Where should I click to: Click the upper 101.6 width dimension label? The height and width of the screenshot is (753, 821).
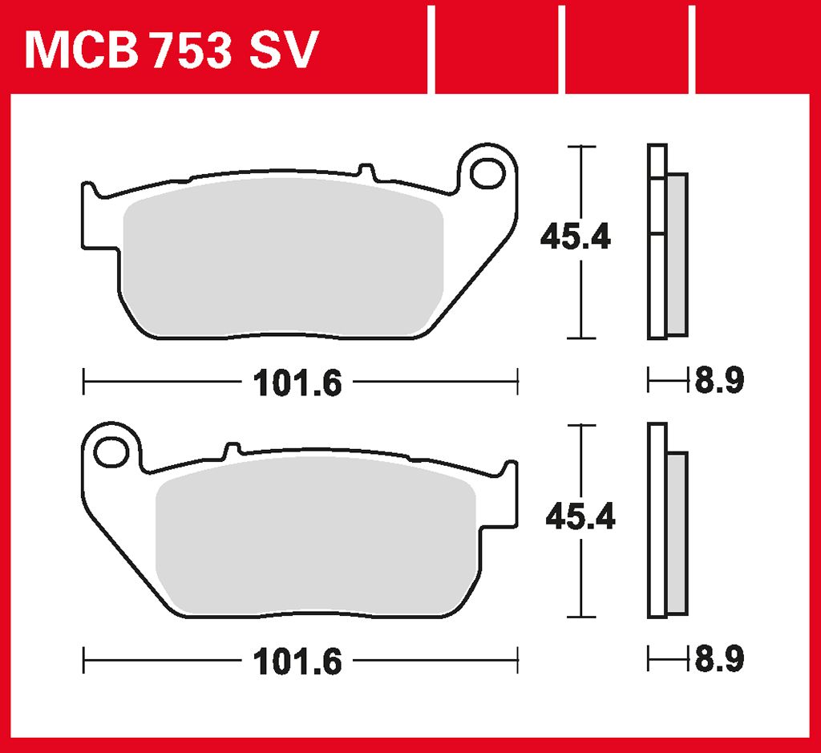[x=297, y=383]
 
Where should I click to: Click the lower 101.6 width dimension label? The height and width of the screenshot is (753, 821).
[x=297, y=662]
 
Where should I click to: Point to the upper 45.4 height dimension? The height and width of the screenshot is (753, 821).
[x=575, y=237]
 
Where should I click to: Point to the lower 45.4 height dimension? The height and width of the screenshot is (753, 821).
[x=579, y=517]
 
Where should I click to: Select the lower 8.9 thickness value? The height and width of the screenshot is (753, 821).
[x=719, y=660]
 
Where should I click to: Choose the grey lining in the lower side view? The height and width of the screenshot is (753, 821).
[x=677, y=533]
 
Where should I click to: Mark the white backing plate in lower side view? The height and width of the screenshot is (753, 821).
[x=657, y=521]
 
